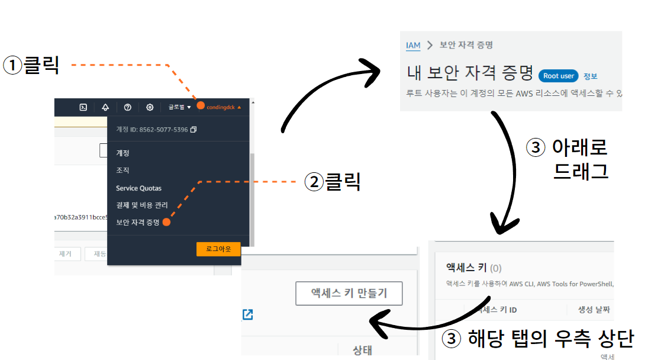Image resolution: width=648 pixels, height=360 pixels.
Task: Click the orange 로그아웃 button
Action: point(218,249)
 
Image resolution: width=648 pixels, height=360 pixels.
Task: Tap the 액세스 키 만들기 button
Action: point(349,293)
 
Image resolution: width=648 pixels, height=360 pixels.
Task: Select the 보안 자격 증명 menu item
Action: point(138,223)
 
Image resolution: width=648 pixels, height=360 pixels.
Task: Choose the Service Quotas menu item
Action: point(138,188)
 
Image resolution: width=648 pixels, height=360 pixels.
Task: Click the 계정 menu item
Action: point(122,153)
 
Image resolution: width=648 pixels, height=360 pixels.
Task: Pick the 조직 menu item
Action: point(122,171)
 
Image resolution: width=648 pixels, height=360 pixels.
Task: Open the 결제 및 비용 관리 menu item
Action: point(142,205)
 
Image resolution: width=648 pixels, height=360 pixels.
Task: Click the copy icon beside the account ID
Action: point(194,129)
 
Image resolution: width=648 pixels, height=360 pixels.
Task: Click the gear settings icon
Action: point(150,107)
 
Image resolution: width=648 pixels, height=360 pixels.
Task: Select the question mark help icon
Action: point(128,107)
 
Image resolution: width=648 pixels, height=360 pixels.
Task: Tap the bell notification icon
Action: point(105,107)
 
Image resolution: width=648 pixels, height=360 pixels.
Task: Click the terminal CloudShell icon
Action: point(83,107)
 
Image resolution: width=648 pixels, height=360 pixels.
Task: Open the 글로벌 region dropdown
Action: point(179,107)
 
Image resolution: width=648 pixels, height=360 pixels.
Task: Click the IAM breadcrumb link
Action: point(413,45)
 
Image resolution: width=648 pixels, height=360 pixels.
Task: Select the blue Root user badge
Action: point(558,76)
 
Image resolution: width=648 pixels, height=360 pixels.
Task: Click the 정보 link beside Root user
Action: point(590,76)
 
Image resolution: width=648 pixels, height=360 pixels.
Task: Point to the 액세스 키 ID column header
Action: point(496,310)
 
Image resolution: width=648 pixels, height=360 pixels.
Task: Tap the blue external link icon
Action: point(247,314)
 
